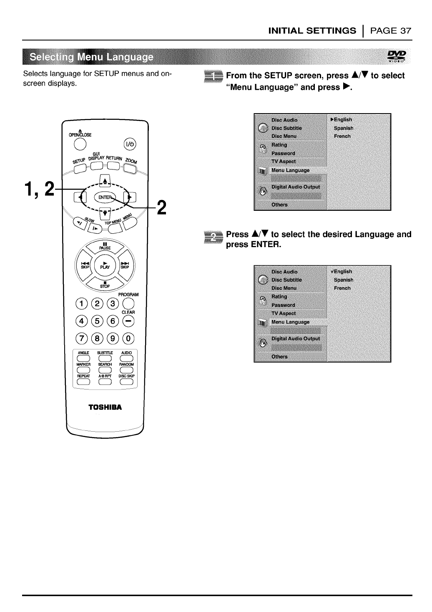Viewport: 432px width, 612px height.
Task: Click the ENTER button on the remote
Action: [105, 197]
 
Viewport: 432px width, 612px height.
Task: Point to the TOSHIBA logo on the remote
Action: [105, 407]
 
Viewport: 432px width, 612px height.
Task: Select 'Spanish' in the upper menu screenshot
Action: [344, 128]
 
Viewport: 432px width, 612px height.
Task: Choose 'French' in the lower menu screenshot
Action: [342, 288]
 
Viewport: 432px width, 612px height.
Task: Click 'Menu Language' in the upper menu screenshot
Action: [290, 170]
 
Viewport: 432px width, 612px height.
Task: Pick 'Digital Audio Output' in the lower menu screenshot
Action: [296, 339]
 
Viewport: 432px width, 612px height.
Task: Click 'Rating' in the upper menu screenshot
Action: [279, 145]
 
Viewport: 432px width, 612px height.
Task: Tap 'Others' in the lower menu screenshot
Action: [279, 357]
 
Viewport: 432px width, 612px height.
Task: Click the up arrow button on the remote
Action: [105, 180]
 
